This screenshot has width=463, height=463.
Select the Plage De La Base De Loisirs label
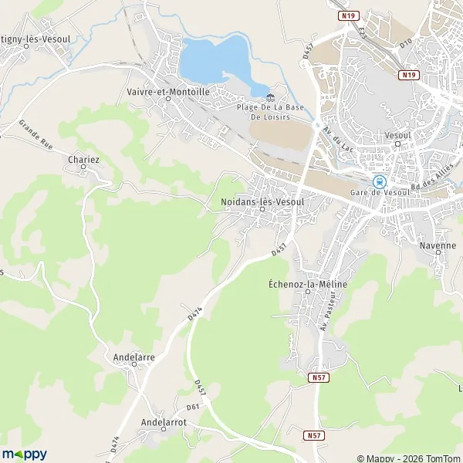coord(269,113)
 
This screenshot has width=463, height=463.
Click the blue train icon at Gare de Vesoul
coord(379,182)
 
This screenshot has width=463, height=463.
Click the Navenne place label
coord(438,245)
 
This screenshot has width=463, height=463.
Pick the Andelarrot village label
coord(164,422)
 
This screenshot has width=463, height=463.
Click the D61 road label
coord(193,407)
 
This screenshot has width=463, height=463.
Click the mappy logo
coord(25,454)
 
